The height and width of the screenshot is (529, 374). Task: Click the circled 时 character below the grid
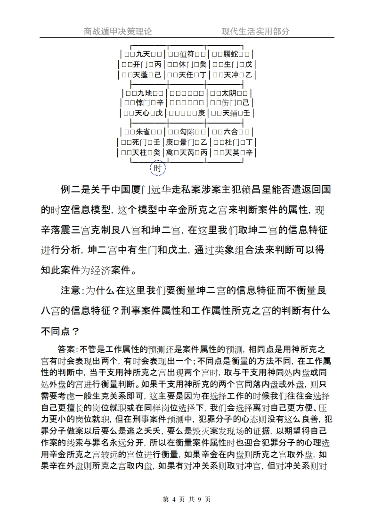[x=158, y=168]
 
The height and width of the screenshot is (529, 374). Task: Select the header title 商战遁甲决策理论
[x=118, y=32]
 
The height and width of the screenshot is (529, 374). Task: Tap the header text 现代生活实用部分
[x=256, y=32]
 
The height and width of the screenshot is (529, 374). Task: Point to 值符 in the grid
[x=187, y=54]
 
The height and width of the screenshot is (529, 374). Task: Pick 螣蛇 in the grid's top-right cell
[x=231, y=54]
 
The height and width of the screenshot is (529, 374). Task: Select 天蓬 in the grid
[x=142, y=75]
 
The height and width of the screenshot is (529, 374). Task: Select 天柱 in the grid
[x=141, y=153]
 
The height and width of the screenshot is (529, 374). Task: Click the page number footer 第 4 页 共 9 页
[x=187, y=499]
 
